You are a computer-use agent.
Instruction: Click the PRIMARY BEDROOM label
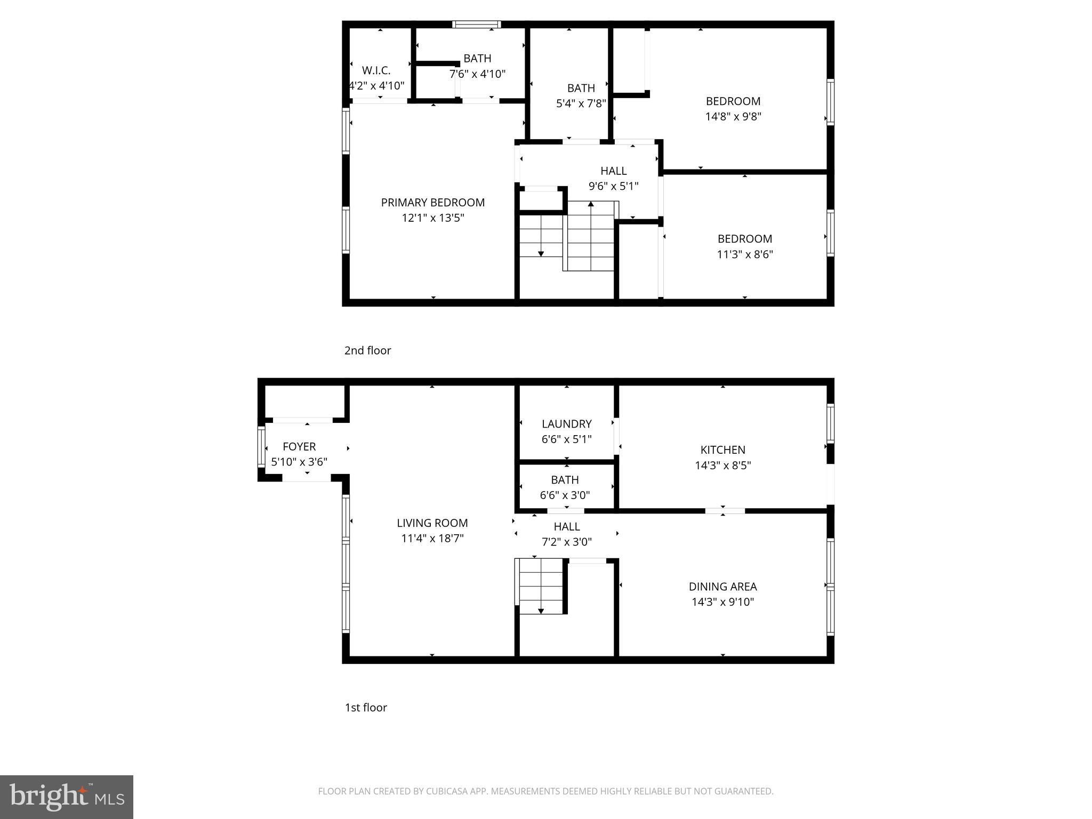point(432,203)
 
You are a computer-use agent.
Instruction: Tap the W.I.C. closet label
point(376,70)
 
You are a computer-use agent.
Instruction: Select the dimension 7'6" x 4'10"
point(477,74)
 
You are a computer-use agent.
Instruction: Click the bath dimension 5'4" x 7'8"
point(581,103)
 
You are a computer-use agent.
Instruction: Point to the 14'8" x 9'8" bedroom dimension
point(733,117)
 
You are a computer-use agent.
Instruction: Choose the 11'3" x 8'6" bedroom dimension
point(744,254)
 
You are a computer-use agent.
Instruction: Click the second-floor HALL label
point(613,171)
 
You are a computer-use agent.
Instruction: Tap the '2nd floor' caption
point(367,350)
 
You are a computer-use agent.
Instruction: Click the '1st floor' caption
point(366,708)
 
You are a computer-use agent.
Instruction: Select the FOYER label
point(299,447)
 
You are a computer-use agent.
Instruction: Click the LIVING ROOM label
point(432,523)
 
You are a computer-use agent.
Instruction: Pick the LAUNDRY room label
point(566,424)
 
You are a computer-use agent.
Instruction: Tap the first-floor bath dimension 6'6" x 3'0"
point(565,495)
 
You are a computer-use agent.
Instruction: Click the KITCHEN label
point(722,450)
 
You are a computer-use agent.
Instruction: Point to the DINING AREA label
point(722,587)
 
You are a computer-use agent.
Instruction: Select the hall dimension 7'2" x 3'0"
point(566,542)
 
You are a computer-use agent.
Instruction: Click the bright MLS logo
point(67,797)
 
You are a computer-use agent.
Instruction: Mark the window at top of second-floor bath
point(476,24)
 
